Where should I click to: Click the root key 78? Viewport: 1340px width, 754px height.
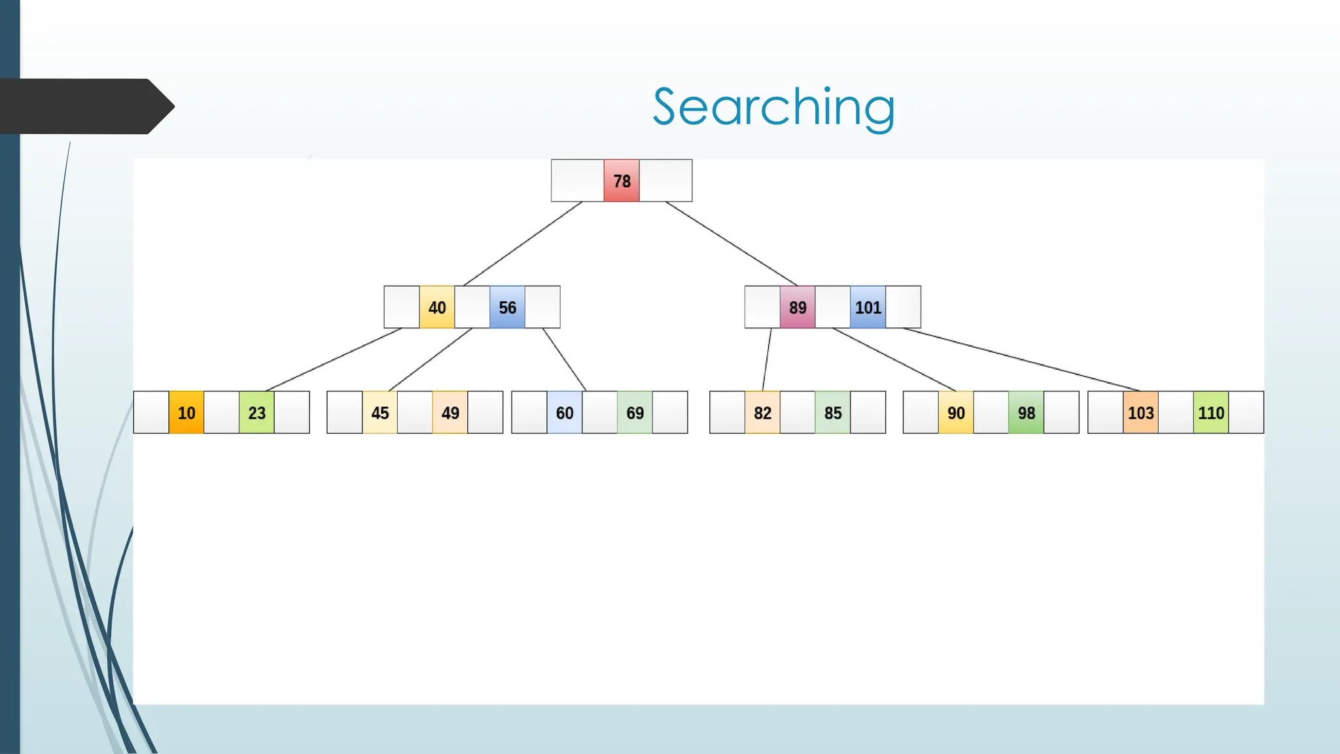click(x=622, y=181)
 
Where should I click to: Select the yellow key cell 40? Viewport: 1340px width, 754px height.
click(x=437, y=307)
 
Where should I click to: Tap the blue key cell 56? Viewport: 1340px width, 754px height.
click(x=507, y=307)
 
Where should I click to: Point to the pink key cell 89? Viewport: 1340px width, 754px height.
click(x=798, y=307)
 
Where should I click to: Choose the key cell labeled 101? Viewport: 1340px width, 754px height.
click(x=868, y=307)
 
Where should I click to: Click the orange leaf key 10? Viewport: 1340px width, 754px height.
click(x=186, y=412)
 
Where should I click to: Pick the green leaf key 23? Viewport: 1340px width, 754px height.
click(x=256, y=412)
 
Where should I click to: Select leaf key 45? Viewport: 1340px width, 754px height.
click(x=380, y=412)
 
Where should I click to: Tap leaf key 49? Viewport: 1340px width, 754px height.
click(x=450, y=412)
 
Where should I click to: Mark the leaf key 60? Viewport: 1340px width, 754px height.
click(x=565, y=412)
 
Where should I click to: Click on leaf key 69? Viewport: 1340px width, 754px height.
click(x=635, y=412)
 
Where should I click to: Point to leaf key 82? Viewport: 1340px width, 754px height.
click(x=762, y=412)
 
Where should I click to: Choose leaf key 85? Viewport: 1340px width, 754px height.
click(x=833, y=412)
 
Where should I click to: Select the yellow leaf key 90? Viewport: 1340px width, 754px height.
click(x=956, y=412)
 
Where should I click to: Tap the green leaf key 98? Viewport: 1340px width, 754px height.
click(x=1026, y=412)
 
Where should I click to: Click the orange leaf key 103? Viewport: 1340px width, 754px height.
click(x=1140, y=412)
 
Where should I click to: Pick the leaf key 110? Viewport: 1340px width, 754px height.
click(x=1211, y=412)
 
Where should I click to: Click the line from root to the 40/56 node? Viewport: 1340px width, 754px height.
click(x=523, y=243)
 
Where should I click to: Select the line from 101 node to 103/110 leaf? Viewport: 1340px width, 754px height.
click(x=1021, y=359)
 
